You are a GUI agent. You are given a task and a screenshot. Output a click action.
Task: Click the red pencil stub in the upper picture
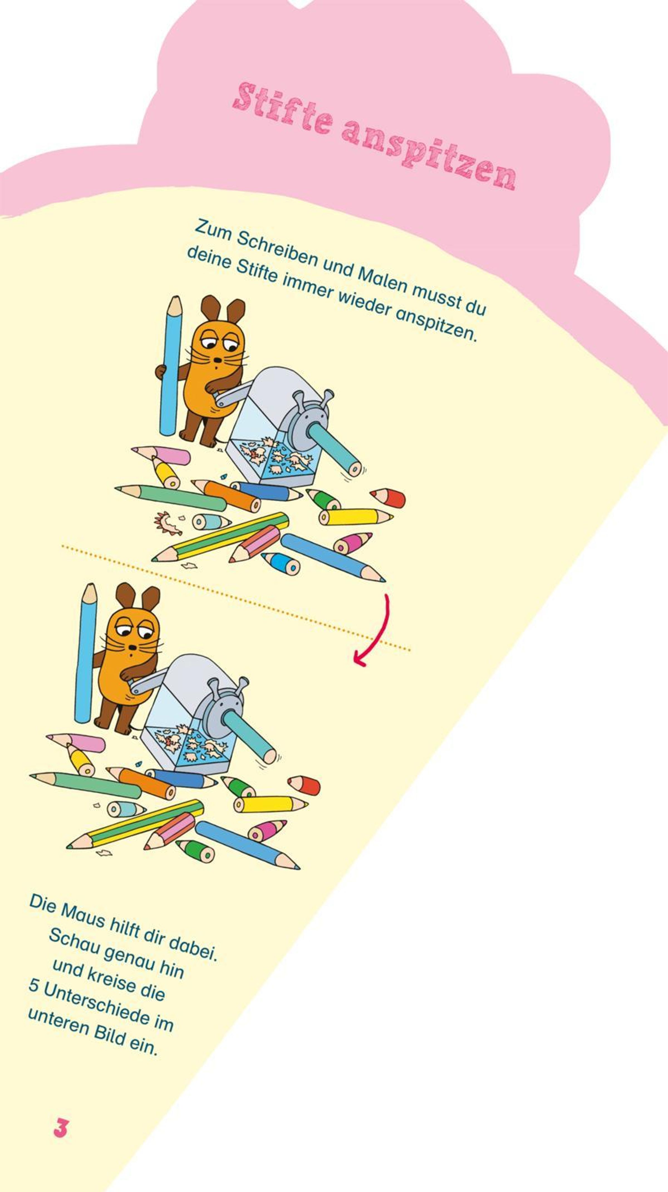pos(388,498)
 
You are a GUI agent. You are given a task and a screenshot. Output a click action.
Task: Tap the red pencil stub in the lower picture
pos(303,785)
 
